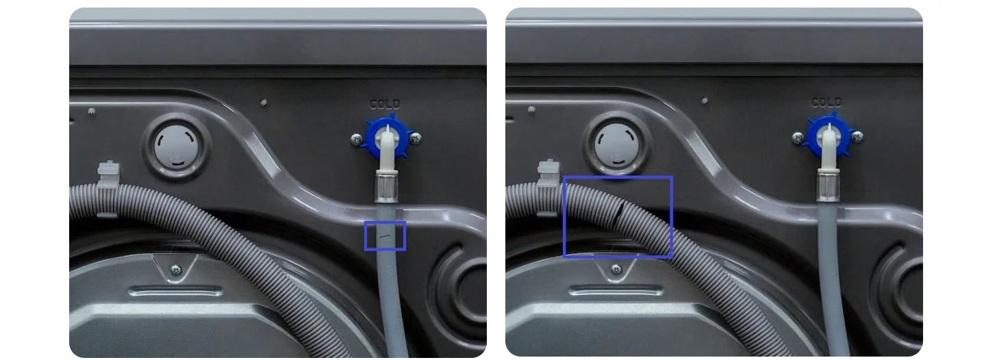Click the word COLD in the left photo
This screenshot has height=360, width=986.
(x=385, y=104)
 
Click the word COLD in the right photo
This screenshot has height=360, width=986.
(x=826, y=102)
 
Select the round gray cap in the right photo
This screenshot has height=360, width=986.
(x=616, y=144)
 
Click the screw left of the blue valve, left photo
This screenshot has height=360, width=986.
(x=356, y=140)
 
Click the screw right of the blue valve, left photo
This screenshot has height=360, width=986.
(x=416, y=139)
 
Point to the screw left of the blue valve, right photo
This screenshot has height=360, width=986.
(x=798, y=138)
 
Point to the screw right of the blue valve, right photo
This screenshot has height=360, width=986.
(x=857, y=138)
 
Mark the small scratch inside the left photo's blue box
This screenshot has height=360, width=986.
(x=385, y=236)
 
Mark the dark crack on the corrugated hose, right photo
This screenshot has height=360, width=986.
(x=618, y=213)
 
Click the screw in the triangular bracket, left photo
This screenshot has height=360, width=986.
(x=175, y=269)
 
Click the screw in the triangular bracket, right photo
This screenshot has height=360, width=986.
(x=616, y=268)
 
